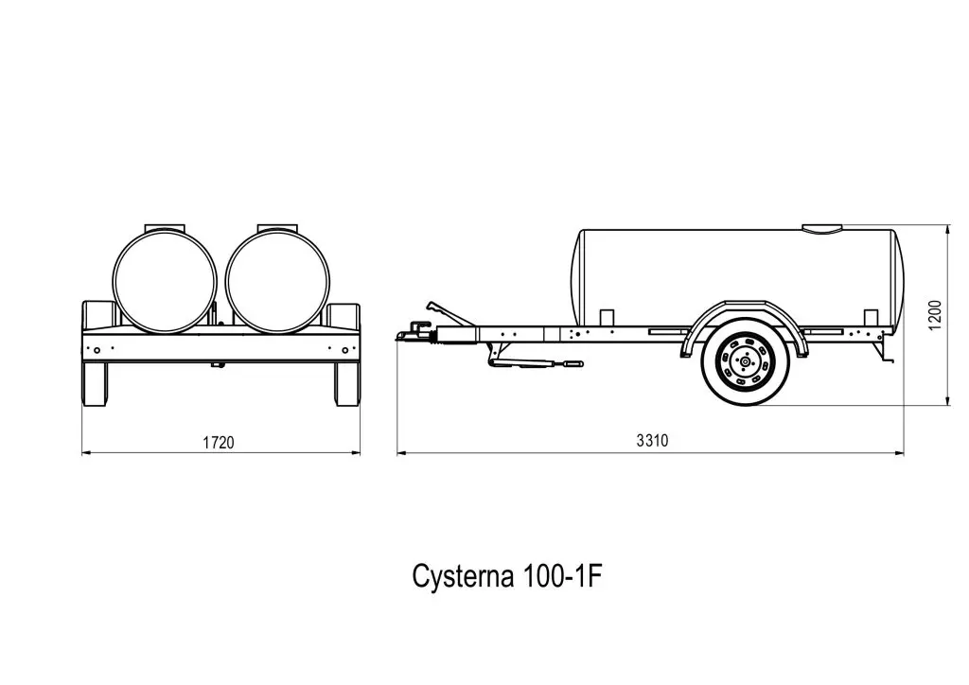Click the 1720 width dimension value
(219, 442)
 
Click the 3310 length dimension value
(653, 441)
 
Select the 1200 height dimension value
(935, 315)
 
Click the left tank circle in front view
(165, 280)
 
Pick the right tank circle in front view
(277, 280)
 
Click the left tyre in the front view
(95, 383)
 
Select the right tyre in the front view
(347, 383)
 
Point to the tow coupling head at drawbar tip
(413, 332)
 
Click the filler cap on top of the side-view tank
(821, 228)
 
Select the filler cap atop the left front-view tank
(165, 227)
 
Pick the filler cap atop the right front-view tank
(277, 227)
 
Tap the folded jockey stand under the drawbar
(535, 362)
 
